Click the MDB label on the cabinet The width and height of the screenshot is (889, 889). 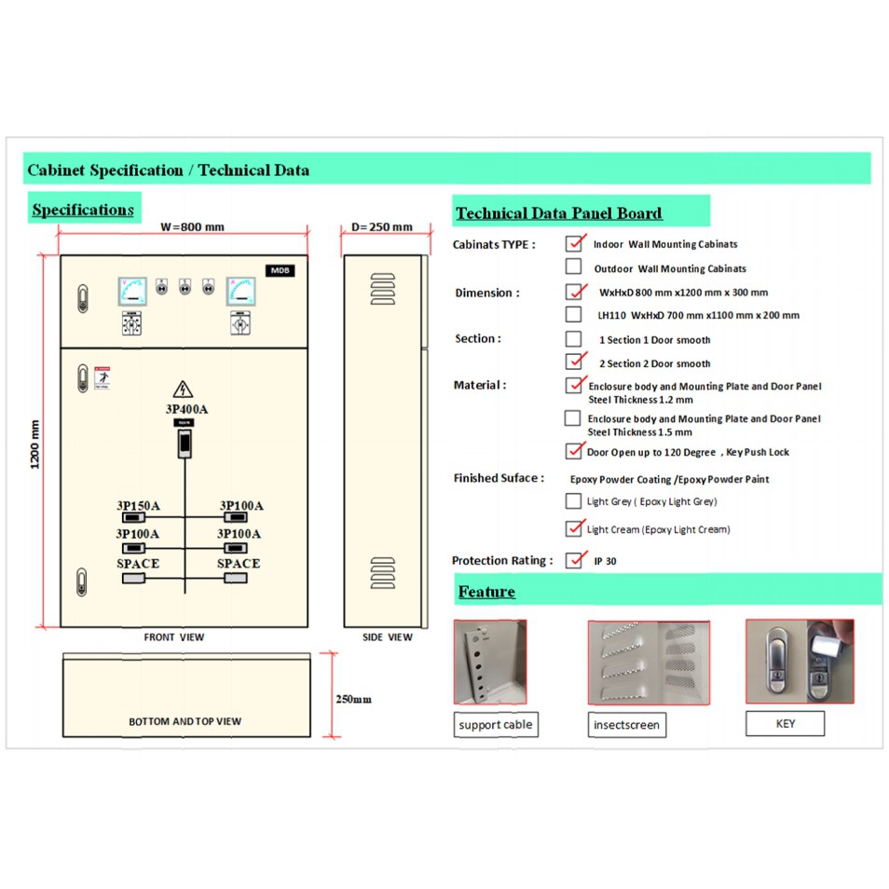(280, 270)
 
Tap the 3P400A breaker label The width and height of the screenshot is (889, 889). (186, 409)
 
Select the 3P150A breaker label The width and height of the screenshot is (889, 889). (138, 506)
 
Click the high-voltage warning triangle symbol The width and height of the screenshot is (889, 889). (183, 390)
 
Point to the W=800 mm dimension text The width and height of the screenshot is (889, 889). (192, 226)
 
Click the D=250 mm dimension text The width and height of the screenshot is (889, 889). (382, 226)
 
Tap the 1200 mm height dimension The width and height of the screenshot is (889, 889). (35, 444)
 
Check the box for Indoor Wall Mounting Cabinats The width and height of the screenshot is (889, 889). (574, 244)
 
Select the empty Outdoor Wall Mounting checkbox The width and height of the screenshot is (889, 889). (574, 267)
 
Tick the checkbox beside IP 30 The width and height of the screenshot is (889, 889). (574, 560)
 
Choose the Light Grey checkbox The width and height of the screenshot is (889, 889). (573, 501)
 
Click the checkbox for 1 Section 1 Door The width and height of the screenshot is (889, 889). (574, 339)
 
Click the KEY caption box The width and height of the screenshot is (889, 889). (785, 723)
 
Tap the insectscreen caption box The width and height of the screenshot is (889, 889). (626, 725)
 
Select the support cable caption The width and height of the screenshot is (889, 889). (496, 725)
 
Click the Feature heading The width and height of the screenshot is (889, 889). (486, 592)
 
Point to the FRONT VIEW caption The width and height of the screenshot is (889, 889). (174, 637)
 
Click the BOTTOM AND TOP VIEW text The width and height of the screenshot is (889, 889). (185, 721)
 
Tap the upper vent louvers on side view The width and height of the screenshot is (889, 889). (383, 289)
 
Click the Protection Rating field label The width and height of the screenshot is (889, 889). (502, 561)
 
